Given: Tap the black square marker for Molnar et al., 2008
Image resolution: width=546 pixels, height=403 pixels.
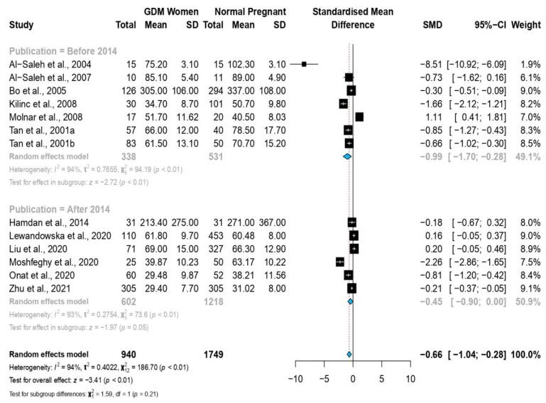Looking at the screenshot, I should tap(359, 117).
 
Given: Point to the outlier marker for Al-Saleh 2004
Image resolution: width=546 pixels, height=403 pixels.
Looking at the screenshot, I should tap(304, 64).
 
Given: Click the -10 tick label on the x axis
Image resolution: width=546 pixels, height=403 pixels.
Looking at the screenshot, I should tap(295, 380).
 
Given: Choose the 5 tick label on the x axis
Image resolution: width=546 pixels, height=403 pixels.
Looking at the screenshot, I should tap(381, 380).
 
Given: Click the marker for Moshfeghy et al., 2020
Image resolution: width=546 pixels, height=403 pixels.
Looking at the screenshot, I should tap(340, 262).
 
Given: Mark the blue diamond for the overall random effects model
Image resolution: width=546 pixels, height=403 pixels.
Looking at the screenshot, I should tap(349, 355).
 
